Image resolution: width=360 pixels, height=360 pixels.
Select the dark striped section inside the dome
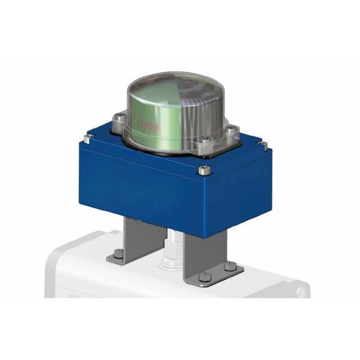201,102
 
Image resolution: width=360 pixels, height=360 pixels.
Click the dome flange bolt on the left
119,118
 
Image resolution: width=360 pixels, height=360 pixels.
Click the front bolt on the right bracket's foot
206,277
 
